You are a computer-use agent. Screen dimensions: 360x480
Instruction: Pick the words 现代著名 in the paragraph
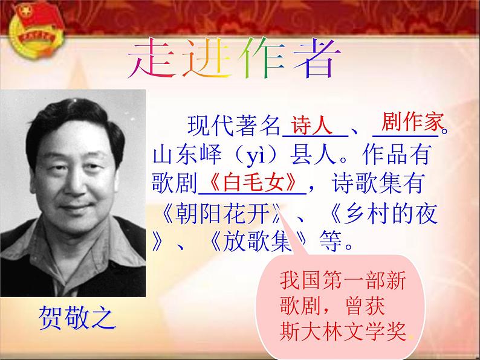tap(232, 127)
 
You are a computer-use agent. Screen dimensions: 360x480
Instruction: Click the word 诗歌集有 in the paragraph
tap(380, 183)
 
